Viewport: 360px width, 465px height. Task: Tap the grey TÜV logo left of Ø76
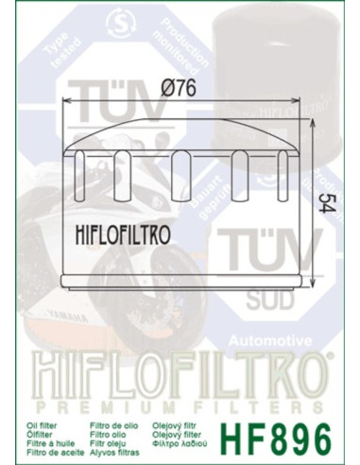coord(104,109)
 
